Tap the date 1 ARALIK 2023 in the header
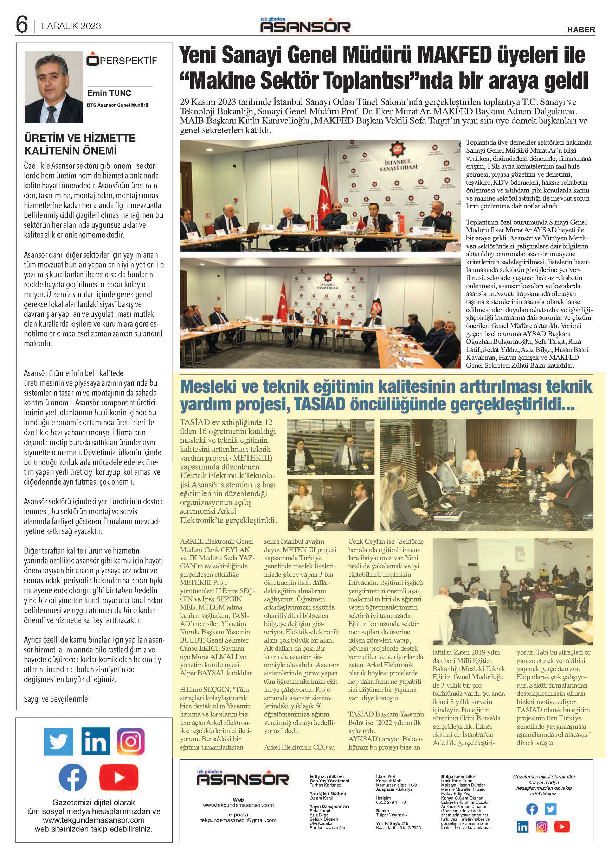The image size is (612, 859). point(70,26)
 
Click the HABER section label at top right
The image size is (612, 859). point(581,30)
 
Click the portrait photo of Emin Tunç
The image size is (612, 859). point(53,87)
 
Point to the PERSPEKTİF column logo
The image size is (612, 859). point(121,61)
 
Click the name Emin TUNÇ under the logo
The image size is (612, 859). point(109,93)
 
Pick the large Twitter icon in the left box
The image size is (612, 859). point(58,741)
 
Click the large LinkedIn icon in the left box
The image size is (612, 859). point(95,741)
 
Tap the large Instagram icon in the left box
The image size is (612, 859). point(131,741)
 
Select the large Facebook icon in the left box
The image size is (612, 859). point(73,777)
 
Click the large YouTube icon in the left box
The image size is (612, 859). point(119,777)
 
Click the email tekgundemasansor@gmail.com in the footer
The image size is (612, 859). point(238,820)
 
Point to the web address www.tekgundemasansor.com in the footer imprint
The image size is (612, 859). point(238,805)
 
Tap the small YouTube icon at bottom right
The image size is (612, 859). point(562,827)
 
